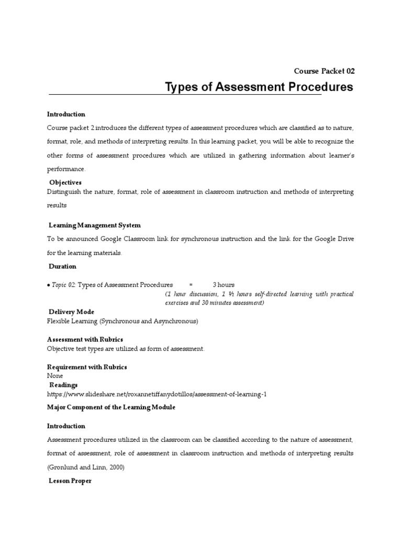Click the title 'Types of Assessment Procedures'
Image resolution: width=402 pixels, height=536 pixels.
[259, 87]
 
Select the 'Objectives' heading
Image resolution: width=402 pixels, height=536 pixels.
[65, 183]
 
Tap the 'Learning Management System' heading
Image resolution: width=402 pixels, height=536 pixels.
[94, 225]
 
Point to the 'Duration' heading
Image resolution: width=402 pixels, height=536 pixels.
[62, 266]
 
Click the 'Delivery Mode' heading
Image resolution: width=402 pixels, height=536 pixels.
[71, 312]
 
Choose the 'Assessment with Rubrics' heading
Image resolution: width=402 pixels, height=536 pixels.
[85, 340]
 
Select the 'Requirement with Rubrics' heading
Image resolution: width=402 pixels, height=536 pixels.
[87, 367]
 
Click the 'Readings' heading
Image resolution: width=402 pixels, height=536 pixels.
[63, 385]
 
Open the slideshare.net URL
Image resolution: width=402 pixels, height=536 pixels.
[157, 394]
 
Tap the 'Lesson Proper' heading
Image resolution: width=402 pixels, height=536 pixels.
[70, 481]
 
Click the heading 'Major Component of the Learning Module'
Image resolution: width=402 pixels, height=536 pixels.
[111, 407]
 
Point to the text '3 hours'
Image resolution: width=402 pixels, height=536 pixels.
[224, 285]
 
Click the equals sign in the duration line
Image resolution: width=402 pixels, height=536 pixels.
[191, 285]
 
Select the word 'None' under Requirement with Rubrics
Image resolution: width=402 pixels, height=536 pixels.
[55, 376]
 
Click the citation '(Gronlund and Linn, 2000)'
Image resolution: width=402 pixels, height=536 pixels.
[86, 467]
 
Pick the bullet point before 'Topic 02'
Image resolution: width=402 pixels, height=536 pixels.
[48, 285]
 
